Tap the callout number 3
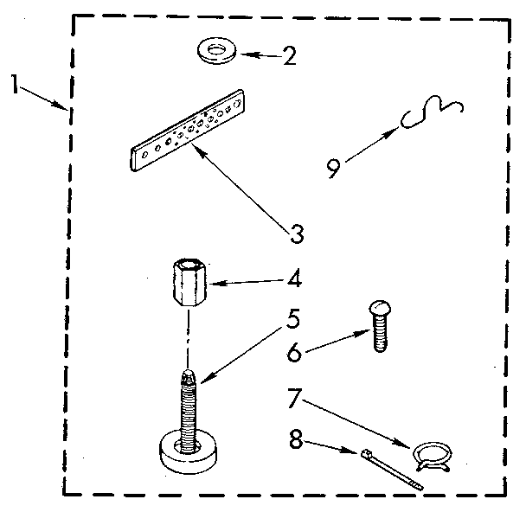click(297, 233)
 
